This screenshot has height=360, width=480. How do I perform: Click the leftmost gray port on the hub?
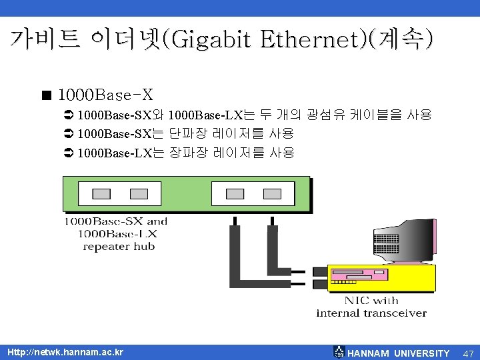pos(101,194)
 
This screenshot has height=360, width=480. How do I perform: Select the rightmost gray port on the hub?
pos(272,194)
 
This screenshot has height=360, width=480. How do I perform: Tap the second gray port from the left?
pos(139,194)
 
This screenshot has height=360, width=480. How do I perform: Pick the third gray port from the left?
pos(235,194)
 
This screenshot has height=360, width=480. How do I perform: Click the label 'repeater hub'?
pos(119,247)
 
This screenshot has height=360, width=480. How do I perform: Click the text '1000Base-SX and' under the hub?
pos(115,221)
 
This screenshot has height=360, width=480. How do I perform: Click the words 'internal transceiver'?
pos(371,313)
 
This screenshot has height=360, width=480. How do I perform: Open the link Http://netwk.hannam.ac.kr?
pos(65,351)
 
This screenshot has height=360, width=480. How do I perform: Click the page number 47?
pos(468,353)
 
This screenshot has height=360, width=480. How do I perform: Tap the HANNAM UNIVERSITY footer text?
pos(399,353)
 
